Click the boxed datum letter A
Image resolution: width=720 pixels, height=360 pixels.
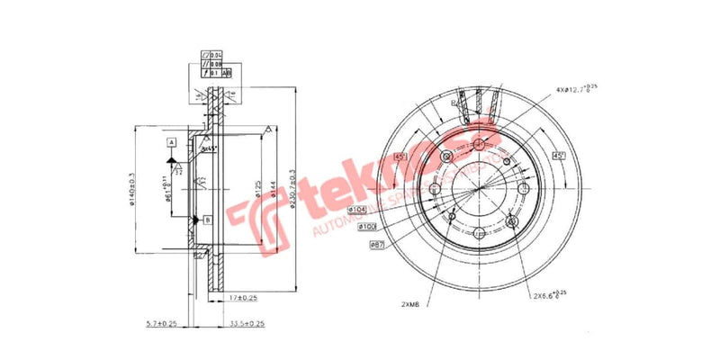[170, 143]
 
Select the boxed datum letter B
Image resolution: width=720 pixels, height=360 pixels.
[207, 220]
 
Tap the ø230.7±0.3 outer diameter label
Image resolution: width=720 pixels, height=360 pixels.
[293, 190]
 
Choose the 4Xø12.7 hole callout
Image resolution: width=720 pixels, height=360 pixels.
[575, 89]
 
